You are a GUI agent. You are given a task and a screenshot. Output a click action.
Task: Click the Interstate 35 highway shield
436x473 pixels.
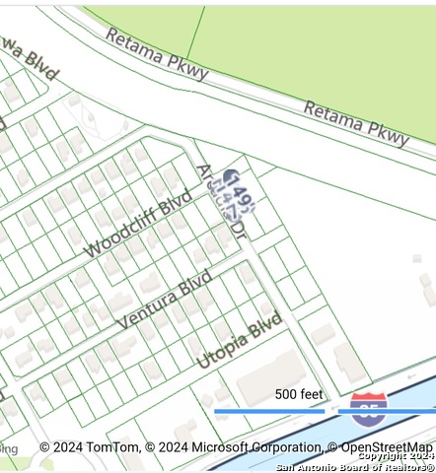coord(368,407)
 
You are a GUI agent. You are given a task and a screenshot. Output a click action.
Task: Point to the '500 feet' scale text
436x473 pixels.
coord(299,394)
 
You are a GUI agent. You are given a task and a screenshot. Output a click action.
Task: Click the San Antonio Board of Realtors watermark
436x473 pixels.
coord(355,466)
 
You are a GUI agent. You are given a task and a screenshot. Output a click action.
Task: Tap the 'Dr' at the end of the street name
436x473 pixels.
coord(238,231)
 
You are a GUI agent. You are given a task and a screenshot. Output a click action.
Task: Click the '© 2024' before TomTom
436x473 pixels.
coord(59,447)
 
